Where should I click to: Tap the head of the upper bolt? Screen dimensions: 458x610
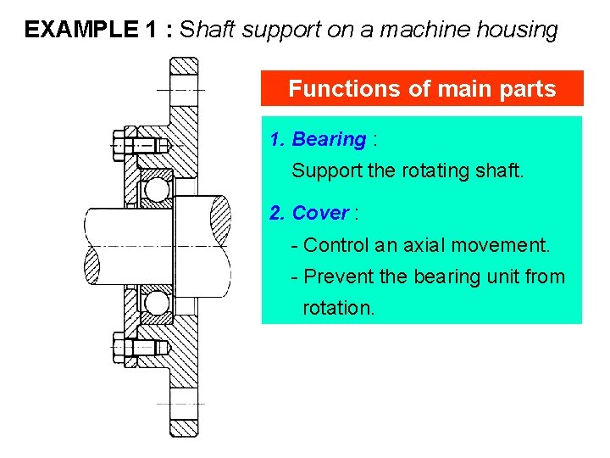pos(119,144)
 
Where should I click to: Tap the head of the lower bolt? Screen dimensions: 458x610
pos(119,347)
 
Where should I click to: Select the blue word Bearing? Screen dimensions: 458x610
pos(329,139)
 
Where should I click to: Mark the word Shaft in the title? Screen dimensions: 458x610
pos(208,31)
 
